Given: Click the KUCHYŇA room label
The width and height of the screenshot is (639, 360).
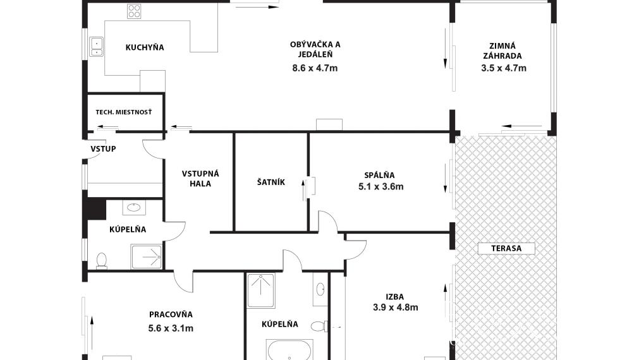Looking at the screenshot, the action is pos(145,47).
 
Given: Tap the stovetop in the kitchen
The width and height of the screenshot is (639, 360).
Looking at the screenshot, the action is pos(134,11).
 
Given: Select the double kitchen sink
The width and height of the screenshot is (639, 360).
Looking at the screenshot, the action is pos(97,47).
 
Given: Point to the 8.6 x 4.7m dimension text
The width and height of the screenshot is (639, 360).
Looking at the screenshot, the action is pos(315,68).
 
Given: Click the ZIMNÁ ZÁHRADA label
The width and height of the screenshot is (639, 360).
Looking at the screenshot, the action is pos(502,51).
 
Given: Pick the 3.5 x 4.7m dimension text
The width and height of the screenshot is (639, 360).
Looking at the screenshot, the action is pos(504,68).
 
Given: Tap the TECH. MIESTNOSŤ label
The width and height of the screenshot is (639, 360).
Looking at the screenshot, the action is pos(123,112).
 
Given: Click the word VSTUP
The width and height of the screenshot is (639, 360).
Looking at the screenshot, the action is pos(103,148).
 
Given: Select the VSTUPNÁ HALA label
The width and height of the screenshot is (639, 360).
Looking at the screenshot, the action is pos(200,178).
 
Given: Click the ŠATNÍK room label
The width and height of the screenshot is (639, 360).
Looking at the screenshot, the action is pos(271,182).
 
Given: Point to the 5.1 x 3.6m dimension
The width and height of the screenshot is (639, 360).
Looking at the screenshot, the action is pos(381,186).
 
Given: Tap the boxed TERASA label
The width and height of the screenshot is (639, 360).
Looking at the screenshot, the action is pos(506,248).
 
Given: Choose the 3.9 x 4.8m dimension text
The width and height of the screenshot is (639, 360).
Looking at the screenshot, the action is pos(395,307).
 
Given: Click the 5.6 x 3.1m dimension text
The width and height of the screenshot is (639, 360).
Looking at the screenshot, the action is pos(171,328).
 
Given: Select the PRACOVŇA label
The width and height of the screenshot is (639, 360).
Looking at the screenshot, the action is pos(171,315).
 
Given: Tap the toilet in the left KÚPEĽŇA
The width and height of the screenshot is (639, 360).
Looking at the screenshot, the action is pos(102,261).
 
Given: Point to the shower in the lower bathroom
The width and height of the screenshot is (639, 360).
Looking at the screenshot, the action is pos(261,291).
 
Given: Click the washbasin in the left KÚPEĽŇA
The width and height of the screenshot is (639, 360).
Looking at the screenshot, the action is pos(133,208).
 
